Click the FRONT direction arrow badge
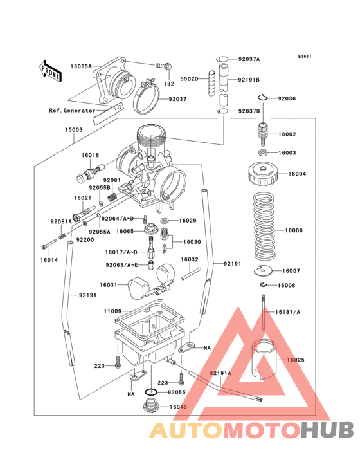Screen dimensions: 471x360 [51, 70]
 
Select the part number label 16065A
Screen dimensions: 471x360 [81, 66]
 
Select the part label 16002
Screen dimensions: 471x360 [287, 134]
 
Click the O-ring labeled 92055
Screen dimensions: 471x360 [150, 392]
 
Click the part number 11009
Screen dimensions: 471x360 [113, 311]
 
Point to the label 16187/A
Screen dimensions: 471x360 [288, 312]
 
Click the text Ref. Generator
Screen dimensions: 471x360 [71, 110]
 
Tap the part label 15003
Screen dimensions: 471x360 [73, 129]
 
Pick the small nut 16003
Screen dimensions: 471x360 [263, 153]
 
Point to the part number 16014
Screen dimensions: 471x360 [50, 261]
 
